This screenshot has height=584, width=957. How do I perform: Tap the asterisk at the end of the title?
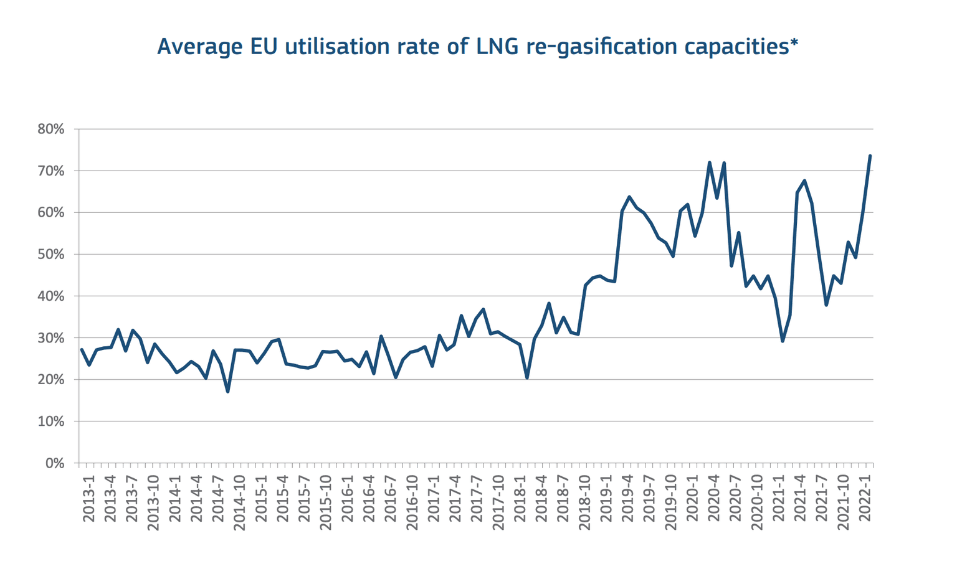[x=794, y=44]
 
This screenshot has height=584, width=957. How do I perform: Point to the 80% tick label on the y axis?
[x=51, y=130]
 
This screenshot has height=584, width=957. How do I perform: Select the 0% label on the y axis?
[x=55, y=463]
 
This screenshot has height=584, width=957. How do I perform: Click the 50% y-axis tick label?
[x=51, y=255]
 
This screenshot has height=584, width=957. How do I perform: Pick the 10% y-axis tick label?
[x=51, y=422]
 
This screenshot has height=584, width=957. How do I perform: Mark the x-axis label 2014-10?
[x=240, y=501]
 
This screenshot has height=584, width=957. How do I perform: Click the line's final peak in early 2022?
[x=870, y=156]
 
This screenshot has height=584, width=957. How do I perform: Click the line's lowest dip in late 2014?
[x=228, y=391]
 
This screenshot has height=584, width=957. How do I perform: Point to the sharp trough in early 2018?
[x=527, y=377]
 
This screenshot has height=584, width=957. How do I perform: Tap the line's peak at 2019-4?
[x=629, y=197]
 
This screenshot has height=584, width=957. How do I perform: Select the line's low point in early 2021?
[x=783, y=341]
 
